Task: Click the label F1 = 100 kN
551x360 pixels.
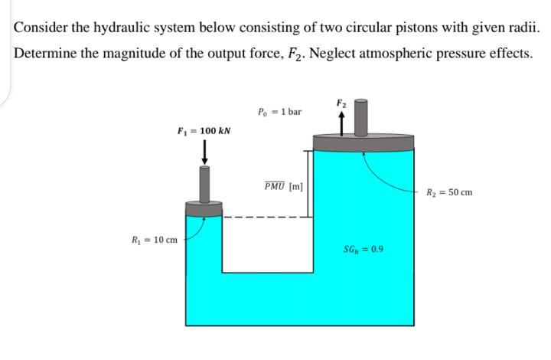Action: (204, 131)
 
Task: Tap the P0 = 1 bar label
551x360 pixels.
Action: (280, 112)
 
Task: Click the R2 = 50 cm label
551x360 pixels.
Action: (449, 191)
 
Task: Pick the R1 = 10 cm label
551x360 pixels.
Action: (155, 240)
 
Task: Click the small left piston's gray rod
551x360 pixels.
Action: (204, 183)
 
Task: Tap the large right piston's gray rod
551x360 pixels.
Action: (363, 116)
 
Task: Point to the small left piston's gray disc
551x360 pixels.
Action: (204, 208)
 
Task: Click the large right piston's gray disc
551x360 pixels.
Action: (364, 142)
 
